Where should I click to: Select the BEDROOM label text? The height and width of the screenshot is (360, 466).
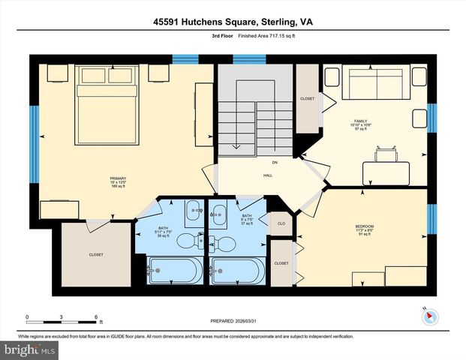[365, 226]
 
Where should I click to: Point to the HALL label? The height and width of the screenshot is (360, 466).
[267, 175]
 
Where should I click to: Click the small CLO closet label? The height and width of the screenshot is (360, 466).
[281, 223]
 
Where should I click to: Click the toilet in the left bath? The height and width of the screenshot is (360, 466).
[201, 241]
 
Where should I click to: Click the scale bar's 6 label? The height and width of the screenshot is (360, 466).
[95, 317]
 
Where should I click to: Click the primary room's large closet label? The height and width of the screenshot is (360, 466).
[96, 254]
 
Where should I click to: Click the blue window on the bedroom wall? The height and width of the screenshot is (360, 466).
[431, 217]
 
